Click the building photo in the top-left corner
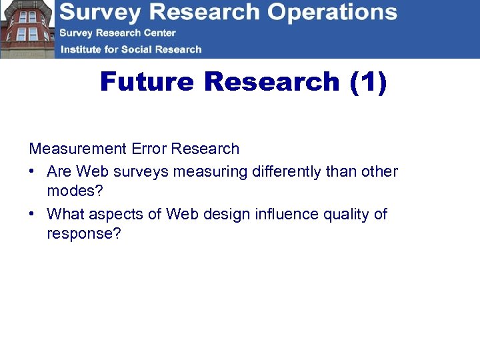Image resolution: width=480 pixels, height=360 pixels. click(x=27, y=29)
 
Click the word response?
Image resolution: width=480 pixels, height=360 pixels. click(x=84, y=234)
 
